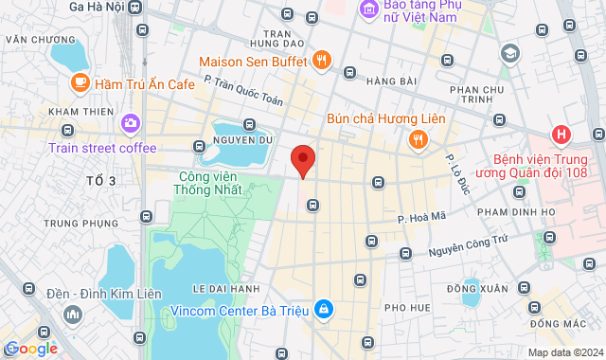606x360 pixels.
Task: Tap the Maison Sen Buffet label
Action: [x=254, y=62]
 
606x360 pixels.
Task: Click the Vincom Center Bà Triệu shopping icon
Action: [x=324, y=310]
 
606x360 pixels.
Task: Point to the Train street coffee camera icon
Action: [x=130, y=123]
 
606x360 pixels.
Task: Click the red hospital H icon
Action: [x=561, y=135]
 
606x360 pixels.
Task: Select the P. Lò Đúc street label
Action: [x=458, y=171]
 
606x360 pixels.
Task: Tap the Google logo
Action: [x=30, y=349]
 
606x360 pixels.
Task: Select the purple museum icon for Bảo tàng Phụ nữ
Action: [x=368, y=9]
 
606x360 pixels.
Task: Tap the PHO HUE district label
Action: [x=408, y=308]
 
